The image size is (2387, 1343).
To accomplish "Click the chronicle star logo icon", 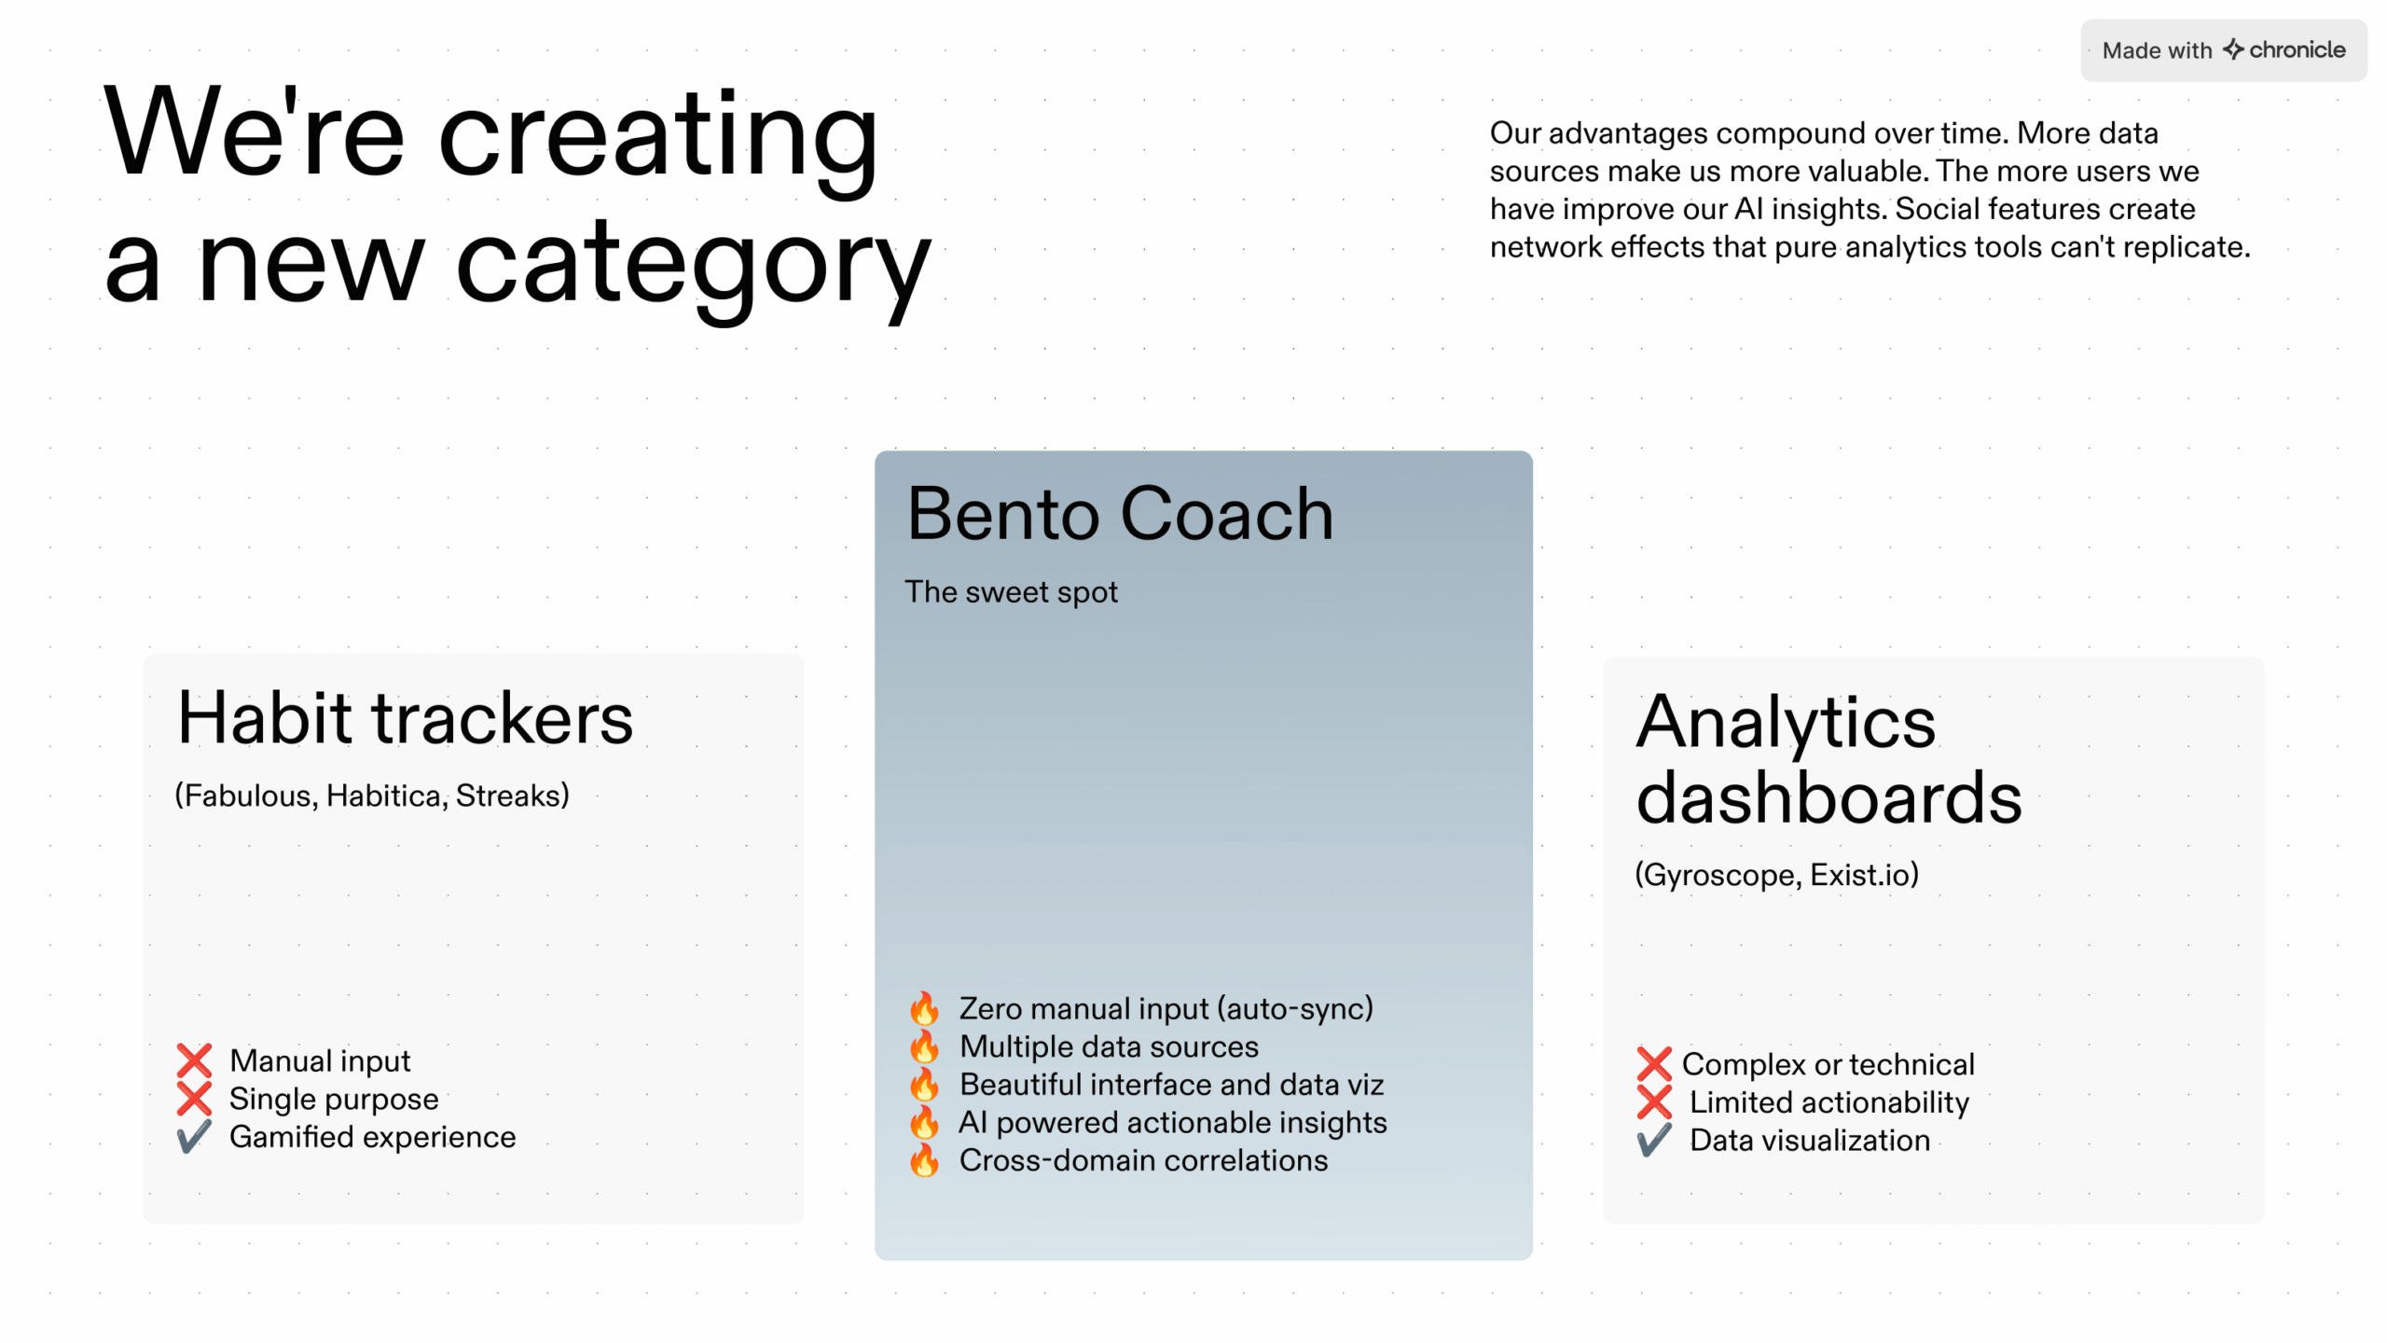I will [x=2232, y=48].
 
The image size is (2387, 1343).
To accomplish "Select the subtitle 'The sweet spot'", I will [x=1011, y=592].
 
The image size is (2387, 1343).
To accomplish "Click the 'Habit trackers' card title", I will [x=405, y=718].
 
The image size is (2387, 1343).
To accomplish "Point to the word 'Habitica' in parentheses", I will [x=382, y=796].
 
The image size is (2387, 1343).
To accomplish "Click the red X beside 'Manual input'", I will [x=194, y=1061].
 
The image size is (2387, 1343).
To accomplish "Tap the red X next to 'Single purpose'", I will [x=194, y=1099].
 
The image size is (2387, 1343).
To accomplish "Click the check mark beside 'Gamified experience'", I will [x=194, y=1137].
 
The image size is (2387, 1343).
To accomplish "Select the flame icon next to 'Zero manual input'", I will [x=924, y=1008].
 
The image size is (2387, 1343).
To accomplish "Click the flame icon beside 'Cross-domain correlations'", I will [x=924, y=1160].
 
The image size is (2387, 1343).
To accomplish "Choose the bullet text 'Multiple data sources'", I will [x=1109, y=1046].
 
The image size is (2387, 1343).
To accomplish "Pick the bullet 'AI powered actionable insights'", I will [x=1172, y=1122].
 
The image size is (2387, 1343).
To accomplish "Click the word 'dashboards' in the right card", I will [x=1828, y=798].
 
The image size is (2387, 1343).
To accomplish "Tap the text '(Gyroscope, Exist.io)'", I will [x=1776, y=875].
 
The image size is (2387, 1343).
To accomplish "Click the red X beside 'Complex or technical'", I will [x=1654, y=1064].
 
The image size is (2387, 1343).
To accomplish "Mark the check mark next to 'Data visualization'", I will [x=1654, y=1140].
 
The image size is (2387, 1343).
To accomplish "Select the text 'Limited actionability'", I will [x=1828, y=1102].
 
